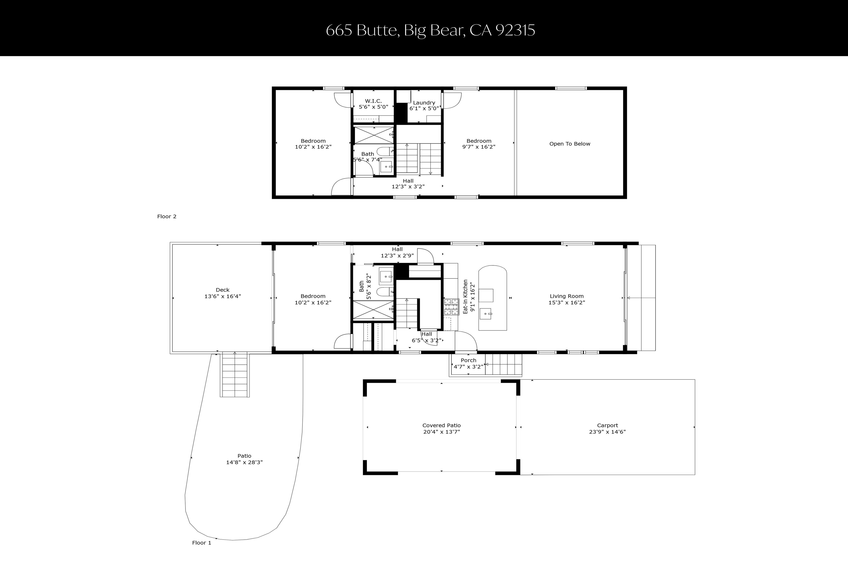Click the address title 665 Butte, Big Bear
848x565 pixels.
click(430, 30)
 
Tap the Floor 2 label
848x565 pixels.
click(167, 217)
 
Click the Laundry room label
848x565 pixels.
click(424, 103)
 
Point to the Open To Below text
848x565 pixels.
click(570, 144)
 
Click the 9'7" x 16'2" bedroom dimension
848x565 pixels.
click(479, 147)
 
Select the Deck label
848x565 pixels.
click(222, 290)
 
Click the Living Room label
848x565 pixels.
click(567, 296)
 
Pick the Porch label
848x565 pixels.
click(468, 360)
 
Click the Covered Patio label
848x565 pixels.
click(441, 426)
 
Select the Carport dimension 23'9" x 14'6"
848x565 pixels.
click(607, 432)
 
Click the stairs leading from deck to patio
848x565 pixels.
click(235, 375)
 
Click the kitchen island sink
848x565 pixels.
click(486, 314)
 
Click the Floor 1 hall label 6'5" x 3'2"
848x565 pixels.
click(427, 340)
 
